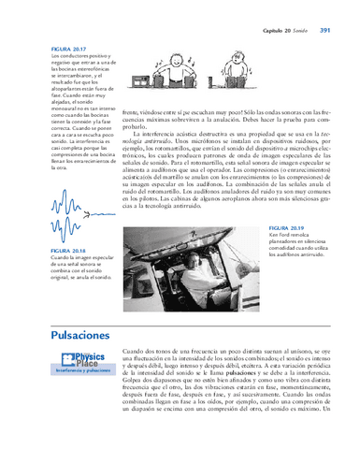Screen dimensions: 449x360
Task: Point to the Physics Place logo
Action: (84, 360)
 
